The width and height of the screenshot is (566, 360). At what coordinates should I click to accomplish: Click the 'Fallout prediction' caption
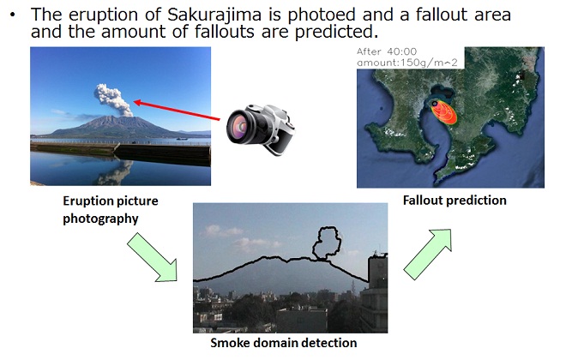[454, 200]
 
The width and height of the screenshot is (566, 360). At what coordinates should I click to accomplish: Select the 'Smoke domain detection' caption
[283, 343]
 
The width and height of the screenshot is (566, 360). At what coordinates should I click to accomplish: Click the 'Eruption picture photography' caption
[110, 209]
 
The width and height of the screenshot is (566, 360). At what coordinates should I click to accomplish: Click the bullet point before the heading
[14, 15]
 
